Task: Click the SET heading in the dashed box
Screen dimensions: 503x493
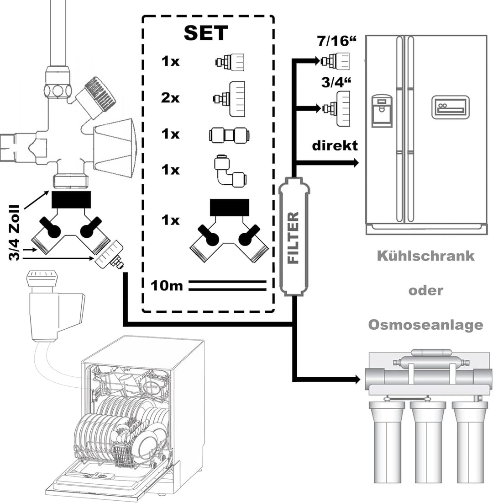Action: (x=205, y=34)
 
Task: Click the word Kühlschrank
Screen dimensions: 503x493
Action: (x=425, y=256)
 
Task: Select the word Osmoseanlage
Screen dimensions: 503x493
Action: (x=425, y=325)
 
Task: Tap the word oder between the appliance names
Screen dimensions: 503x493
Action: (x=425, y=290)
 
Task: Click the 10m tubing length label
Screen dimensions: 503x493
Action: (x=167, y=286)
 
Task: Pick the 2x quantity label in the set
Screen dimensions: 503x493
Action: (x=171, y=98)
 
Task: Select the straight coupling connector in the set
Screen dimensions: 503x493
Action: (x=230, y=135)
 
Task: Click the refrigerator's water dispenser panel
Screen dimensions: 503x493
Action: (x=382, y=110)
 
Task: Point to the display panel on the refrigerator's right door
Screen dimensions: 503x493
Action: (x=450, y=107)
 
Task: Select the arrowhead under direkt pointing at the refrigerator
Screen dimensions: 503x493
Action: (x=355, y=162)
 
